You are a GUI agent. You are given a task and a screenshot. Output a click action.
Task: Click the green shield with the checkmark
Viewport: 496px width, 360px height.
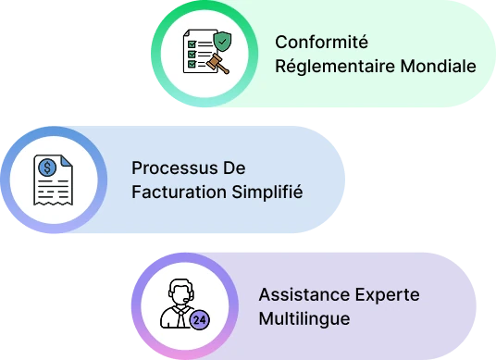click(222, 42)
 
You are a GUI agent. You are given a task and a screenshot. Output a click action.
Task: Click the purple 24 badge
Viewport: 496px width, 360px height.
click(200, 319)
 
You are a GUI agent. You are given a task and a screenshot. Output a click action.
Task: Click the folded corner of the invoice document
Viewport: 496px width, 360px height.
click(66, 162)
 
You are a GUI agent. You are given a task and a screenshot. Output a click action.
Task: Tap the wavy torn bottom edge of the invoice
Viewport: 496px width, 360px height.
click(52, 203)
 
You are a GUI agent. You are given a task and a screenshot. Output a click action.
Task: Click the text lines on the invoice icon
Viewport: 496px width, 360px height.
click(52, 188)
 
